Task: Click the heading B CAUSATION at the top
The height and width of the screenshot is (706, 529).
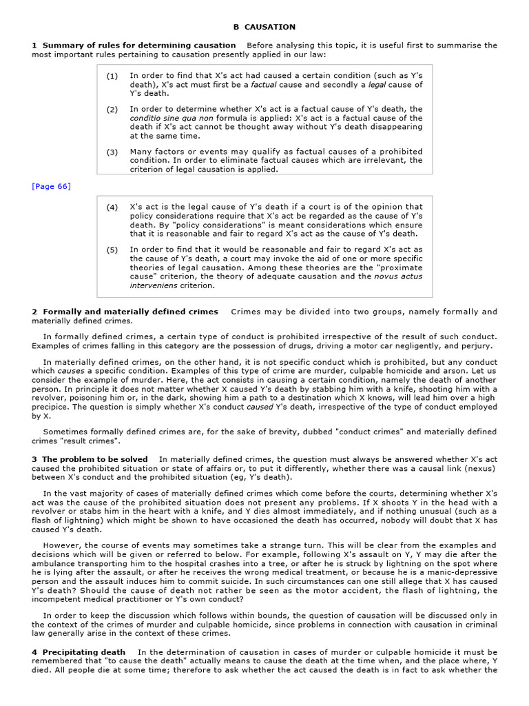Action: click(264, 27)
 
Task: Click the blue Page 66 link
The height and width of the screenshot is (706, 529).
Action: click(51, 186)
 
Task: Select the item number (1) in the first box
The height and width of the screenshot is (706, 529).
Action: click(112, 76)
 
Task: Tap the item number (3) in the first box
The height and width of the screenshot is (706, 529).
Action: click(112, 152)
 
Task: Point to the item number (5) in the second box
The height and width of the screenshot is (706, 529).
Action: click(112, 250)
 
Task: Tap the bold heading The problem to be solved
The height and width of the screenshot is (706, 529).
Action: click(95, 459)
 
